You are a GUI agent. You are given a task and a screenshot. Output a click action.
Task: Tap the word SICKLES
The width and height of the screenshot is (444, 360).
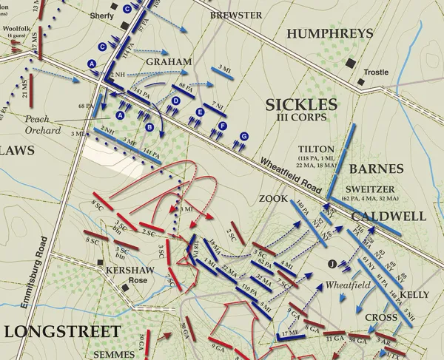pos(302,104)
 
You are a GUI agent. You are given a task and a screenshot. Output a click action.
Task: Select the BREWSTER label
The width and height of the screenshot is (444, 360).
pos(235,15)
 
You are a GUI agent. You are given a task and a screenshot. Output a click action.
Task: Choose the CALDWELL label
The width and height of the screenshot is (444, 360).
pos(388,216)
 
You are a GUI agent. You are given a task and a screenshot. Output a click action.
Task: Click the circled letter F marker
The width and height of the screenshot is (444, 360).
pos(222,126)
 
